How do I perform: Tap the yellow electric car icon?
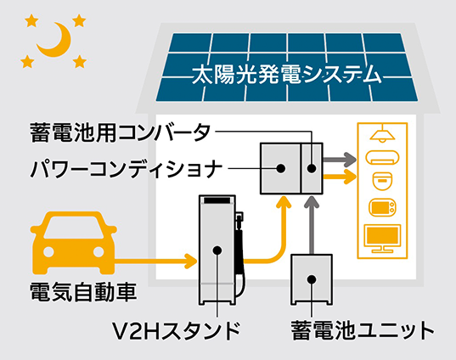tap(73, 243)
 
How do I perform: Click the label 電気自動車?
tap(83, 292)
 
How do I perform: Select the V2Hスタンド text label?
tap(177, 330)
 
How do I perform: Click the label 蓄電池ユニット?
tap(363, 330)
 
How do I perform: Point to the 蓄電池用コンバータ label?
tap(120, 132)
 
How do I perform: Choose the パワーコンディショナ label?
tap(127, 168)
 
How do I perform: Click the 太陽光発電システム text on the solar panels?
tap(287, 75)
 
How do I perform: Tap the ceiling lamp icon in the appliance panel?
tap(382, 135)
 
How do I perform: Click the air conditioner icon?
tap(382, 157)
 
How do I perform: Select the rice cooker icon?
tap(382, 181)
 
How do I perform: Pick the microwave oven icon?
tap(382, 207)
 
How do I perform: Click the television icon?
tap(382, 238)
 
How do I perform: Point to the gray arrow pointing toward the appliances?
tap(340, 160)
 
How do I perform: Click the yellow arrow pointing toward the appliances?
tap(340, 177)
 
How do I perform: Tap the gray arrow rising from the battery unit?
tap(312, 225)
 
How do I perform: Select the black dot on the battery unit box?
tap(312, 279)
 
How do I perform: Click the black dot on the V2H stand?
tap(217, 250)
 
